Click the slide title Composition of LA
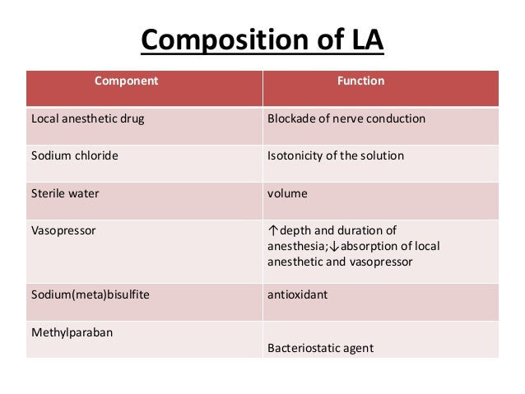click(x=262, y=39)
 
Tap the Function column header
click(x=361, y=82)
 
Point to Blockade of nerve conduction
click(x=346, y=118)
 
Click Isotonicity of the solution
click(x=336, y=155)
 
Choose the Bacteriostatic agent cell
click(x=321, y=348)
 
